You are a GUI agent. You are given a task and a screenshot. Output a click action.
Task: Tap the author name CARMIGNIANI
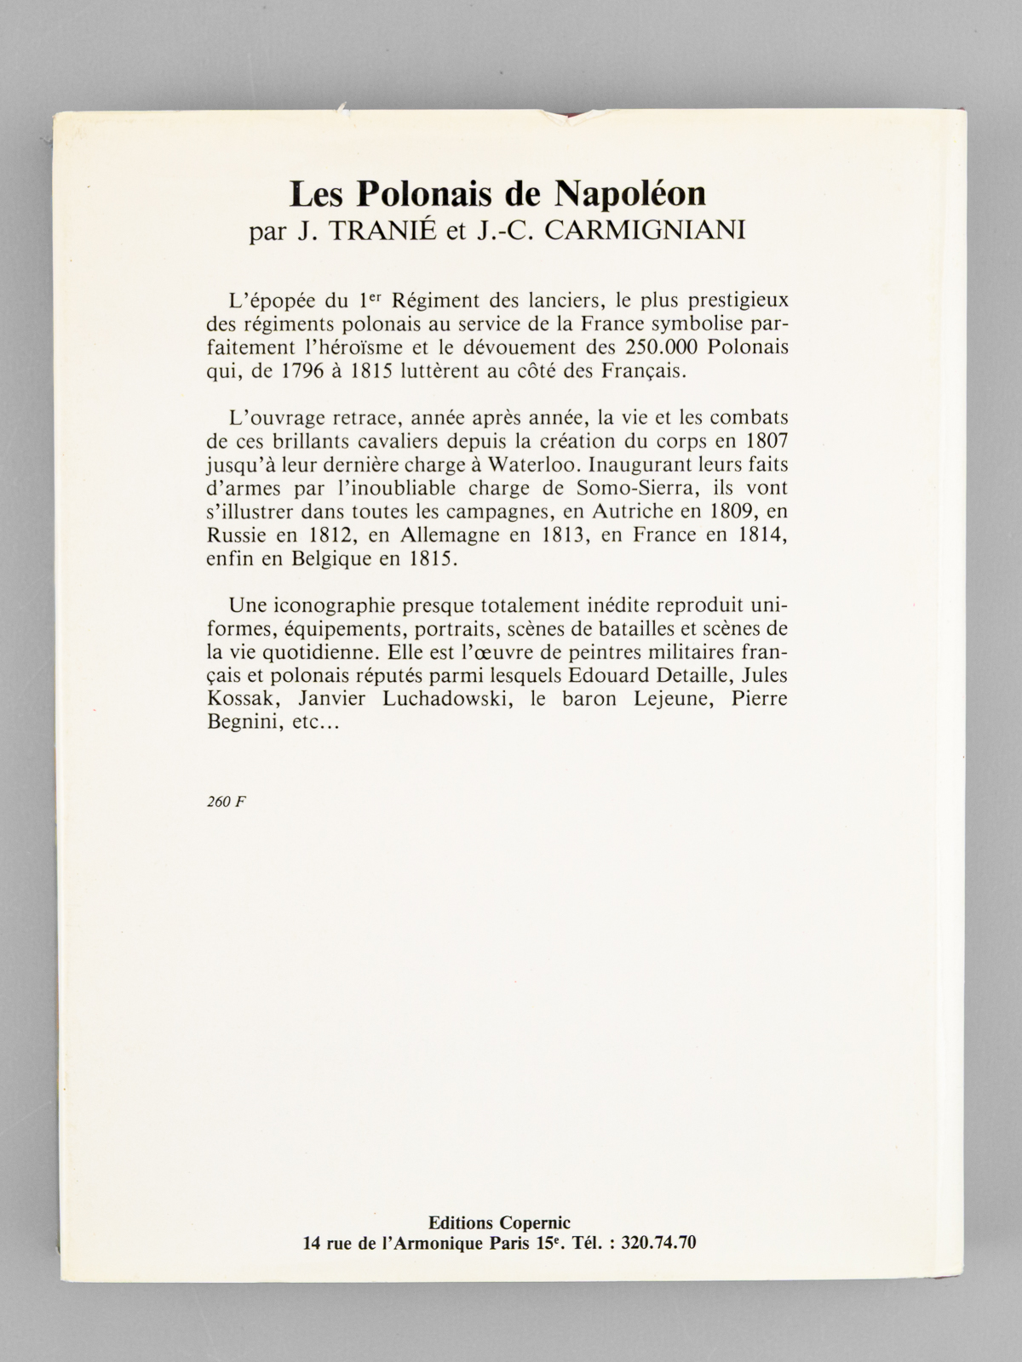[645, 232]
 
